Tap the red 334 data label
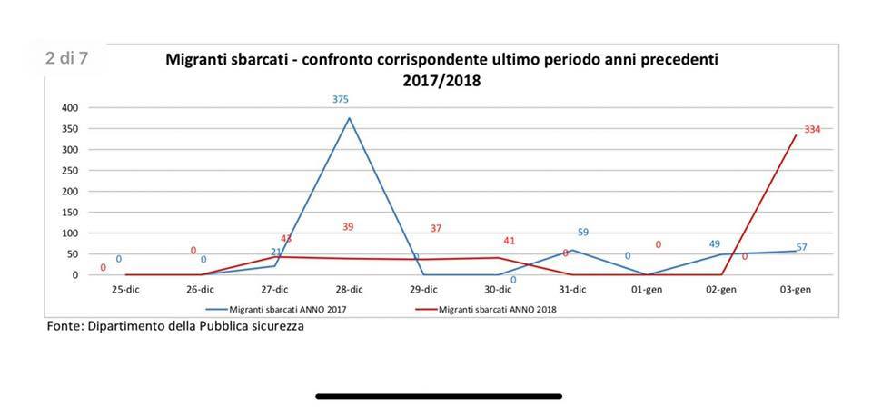pyautogui.click(x=812, y=130)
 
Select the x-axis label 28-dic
pyautogui.click(x=349, y=290)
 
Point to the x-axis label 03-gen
pyautogui.click(x=796, y=290)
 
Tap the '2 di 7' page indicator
pyautogui.click(x=67, y=58)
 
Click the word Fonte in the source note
pyautogui.click(x=64, y=326)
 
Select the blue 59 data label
pyautogui.click(x=583, y=233)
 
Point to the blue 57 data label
pyautogui.click(x=801, y=247)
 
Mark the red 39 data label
pyautogui.click(x=348, y=227)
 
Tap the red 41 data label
pyautogui.click(x=509, y=241)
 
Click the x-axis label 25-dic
pyautogui.click(x=124, y=290)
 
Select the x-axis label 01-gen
pyautogui.click(x=647, y=290)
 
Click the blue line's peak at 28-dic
pyautogui.click(x=349, y=118)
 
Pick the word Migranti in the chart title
pyautogui.click(x=195, y=60)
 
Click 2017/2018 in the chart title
pyautogui.click(x=441, y=80)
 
